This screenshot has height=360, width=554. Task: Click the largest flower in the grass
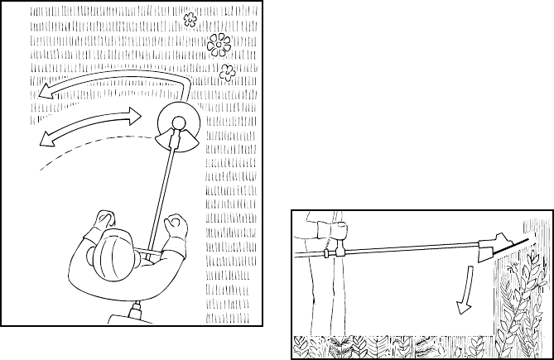[219, 42]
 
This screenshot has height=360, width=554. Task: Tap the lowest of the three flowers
[227, 72]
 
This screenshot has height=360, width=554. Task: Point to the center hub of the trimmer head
[176, 125]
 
